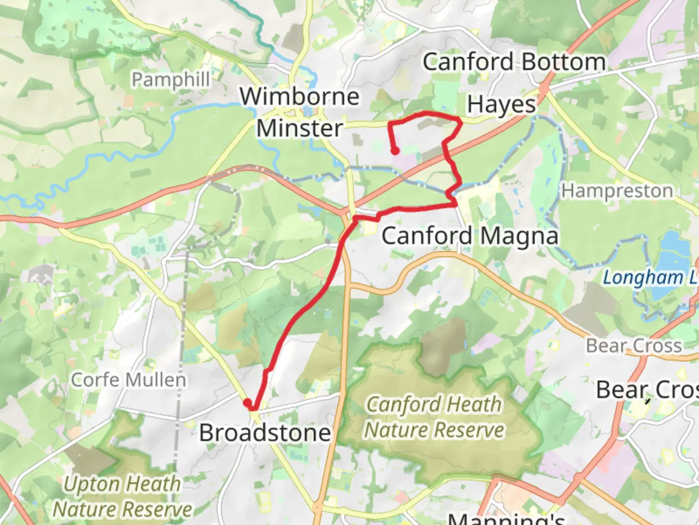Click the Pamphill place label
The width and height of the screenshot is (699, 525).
point(171,80)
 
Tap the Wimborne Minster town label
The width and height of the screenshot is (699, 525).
point(300,112)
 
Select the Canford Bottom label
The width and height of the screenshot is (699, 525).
point(514,62)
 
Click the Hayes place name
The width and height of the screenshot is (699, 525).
point(501,105)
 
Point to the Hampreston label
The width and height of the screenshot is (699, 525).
point(617,191)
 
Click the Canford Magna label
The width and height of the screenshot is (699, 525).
point(470,236)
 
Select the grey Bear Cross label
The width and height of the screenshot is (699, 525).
point(634,346)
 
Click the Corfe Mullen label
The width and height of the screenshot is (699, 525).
point(129,380)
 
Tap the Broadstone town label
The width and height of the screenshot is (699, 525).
point(265,433)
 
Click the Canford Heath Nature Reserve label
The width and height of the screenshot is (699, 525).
point(434,417)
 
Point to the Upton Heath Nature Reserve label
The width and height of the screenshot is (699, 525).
point(122,496)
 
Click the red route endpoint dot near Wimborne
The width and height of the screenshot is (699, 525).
point(395,151)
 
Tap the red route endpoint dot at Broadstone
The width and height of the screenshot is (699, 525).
point(247,402)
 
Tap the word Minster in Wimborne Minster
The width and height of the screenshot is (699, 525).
point(300,129)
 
